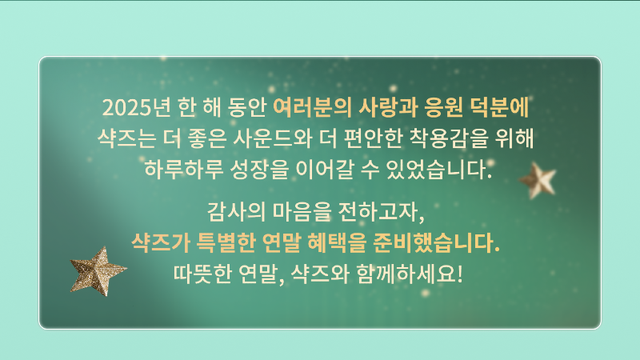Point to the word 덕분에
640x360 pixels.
[501, 106]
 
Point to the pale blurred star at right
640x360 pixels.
[538, 181]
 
